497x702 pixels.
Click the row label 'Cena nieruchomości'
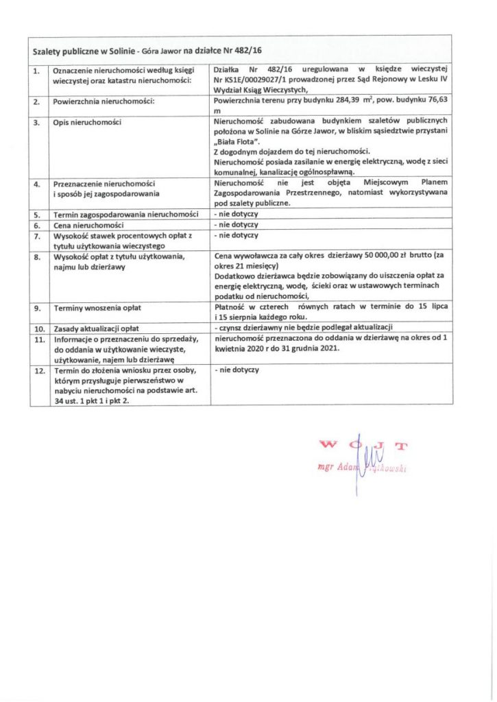(88, 225)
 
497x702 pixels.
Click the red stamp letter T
(401, 446)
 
